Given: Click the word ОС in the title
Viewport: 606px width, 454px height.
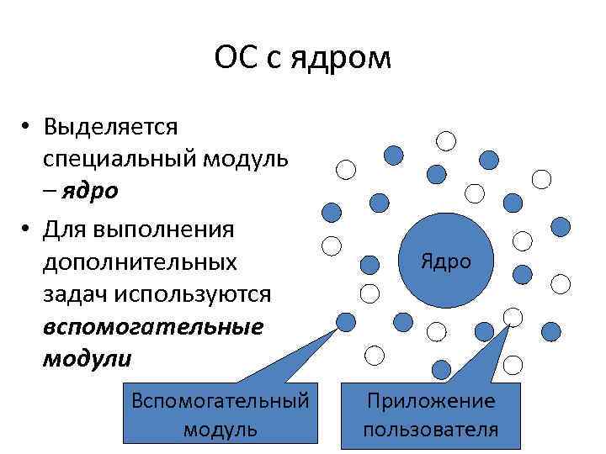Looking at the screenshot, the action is click(x=235, y=58).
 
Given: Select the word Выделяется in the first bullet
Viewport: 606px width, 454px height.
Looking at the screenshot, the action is click(x=111, y=127).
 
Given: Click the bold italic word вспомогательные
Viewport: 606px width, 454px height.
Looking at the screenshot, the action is click(x=152, y=327).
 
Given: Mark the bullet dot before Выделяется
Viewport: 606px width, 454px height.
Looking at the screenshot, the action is click(x=28, y=128).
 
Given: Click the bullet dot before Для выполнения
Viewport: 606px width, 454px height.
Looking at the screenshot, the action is click(x=28, y=229).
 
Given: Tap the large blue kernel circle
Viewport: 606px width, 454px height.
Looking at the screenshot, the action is click(x=445, y=262).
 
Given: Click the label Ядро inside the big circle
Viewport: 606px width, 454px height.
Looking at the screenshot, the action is click(x=445, y=262).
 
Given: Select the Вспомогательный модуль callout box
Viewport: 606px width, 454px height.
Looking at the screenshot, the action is click(x=220, y=414).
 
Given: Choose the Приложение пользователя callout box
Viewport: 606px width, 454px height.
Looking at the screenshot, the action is click(x=430, y=414).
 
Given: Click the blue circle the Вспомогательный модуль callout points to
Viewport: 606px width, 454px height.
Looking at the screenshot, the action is click(x=344, y=321).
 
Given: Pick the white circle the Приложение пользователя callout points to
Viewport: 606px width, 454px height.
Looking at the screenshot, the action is click(x=513, y=317).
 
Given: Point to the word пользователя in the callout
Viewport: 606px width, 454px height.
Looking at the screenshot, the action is click(x=430, y=430).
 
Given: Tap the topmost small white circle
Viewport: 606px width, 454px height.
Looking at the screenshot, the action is click(x=445, y=140).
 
